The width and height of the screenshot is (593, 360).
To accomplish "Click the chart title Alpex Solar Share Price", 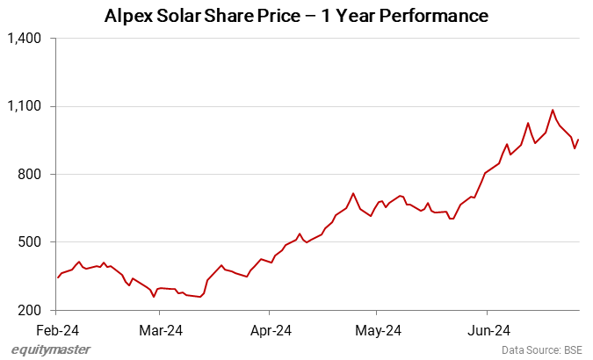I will (x=296, y=16).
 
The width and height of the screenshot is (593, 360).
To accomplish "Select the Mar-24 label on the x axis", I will (x=162, y=331).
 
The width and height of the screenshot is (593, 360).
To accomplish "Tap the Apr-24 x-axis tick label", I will (x=271, y=331).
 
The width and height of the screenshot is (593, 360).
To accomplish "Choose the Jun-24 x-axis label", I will (x=488, y=331).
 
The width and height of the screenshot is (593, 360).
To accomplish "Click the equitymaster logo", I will (x=51, y=349).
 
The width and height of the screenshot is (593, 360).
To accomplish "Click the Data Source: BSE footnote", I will (x=542, y=349).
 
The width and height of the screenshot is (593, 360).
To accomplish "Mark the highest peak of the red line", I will (x=553, y=110).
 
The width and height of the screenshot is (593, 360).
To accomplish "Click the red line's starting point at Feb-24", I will (x=57, y=277).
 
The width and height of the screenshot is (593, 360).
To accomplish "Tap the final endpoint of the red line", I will (x=579, y=140).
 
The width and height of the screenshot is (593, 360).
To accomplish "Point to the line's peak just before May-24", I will (x=352, y=193).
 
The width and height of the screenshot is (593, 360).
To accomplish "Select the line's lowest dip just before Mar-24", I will (x=154, y=297).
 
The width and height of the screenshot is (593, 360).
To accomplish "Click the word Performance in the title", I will (x=437, y=16).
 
